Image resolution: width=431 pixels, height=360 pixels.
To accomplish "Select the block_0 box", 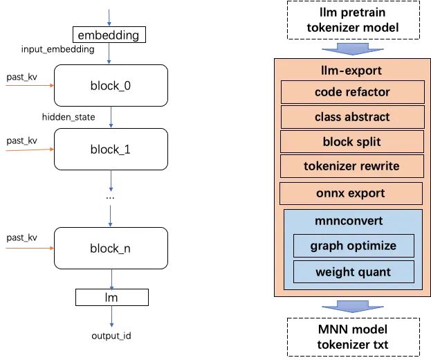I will tap(111, 85).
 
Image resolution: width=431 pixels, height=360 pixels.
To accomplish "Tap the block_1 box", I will tap(111, 149).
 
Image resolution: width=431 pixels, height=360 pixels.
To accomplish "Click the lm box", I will tap(111, 298).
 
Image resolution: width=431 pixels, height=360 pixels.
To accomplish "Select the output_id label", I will tap(111, 336).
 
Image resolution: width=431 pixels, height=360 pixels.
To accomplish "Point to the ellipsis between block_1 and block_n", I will tap(111, 197).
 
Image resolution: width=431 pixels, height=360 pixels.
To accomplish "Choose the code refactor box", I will tap(352, 92).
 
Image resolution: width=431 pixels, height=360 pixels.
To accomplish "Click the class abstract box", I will tap(352, 117).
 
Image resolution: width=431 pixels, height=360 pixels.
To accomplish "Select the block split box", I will tap(352, 142).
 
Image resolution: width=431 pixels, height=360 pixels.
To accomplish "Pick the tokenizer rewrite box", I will tap(352, 166).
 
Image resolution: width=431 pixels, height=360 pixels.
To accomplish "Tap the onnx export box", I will tap(351, 193).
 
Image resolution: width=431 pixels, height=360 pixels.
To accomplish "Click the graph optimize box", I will tap(353, 246).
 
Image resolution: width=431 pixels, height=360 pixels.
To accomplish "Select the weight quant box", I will tap(353, 271).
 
